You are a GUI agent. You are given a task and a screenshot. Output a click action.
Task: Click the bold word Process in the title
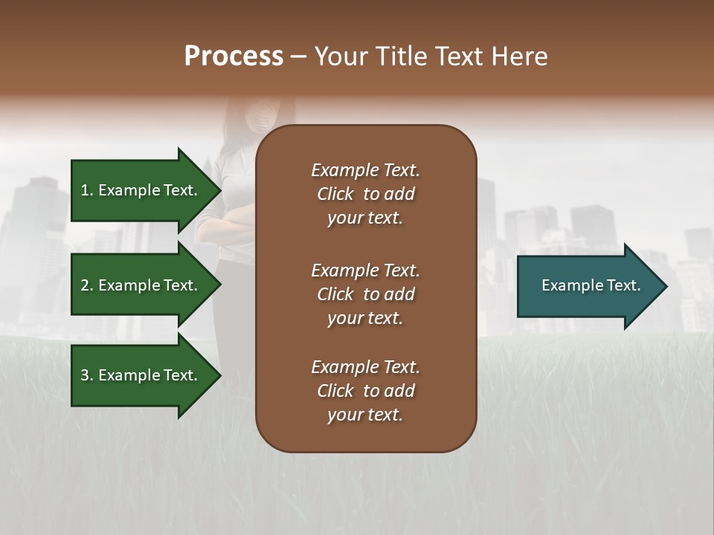(x=234, y=56)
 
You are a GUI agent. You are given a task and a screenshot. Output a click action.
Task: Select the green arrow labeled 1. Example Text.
(x=141, y=190)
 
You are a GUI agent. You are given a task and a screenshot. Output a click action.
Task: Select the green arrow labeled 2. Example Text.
(x=141, y=285)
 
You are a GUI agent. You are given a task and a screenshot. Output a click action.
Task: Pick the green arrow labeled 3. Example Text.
(x=141, y=375)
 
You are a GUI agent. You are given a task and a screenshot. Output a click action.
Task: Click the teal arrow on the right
(x=588, y=286)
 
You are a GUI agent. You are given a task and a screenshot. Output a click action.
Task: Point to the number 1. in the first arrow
(x=87, y=190)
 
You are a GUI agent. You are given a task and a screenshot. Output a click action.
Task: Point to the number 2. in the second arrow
(x=87, y=285)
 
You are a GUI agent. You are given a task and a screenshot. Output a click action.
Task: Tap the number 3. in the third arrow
(x=87, y=375)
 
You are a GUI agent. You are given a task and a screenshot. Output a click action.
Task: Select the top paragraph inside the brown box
(x=365, y=194)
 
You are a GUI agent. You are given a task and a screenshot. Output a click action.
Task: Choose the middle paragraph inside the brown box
(x=365, y=294)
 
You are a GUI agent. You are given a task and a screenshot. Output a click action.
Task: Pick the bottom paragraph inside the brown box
(x=365, y=391)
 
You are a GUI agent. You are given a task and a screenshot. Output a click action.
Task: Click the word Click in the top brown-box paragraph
(x=335, y=194)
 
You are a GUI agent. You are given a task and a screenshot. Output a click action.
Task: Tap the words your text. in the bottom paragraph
(x=365, y=415)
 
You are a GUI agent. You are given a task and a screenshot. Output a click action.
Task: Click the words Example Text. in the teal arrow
(x=591, y=285)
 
